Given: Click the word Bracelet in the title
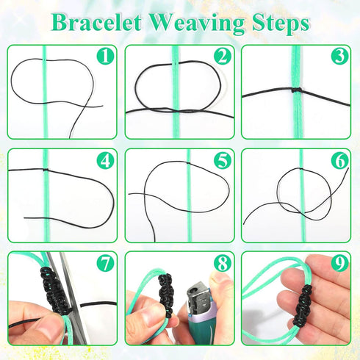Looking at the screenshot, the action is point(96,23).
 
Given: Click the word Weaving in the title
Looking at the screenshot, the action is point(197,24).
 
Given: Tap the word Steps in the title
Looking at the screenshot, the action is point(281,24).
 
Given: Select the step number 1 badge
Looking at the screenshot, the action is point(105,56).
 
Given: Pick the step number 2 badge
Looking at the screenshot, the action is point(223,56).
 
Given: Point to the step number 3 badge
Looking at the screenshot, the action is point(340,56).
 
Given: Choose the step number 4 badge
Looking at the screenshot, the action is point(105,160).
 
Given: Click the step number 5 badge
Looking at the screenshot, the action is point(223,160).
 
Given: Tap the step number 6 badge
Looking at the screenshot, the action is point(340,160).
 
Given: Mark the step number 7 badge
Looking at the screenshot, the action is point(105,263).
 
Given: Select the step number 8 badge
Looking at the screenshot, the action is point(223,263).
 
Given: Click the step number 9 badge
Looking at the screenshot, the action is point(340,263).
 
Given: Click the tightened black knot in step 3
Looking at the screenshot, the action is point(297,90).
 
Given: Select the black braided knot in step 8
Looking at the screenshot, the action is point(166,294).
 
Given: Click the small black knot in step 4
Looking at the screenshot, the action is point(46,170).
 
